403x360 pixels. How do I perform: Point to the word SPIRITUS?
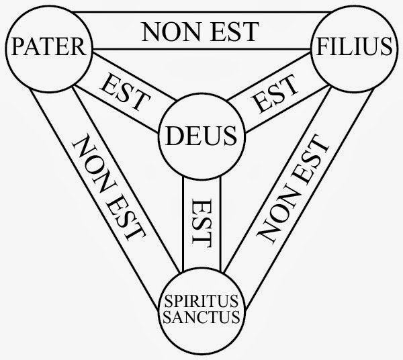(x=198, y=300)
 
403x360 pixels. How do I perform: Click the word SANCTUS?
(x=198, y=315)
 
